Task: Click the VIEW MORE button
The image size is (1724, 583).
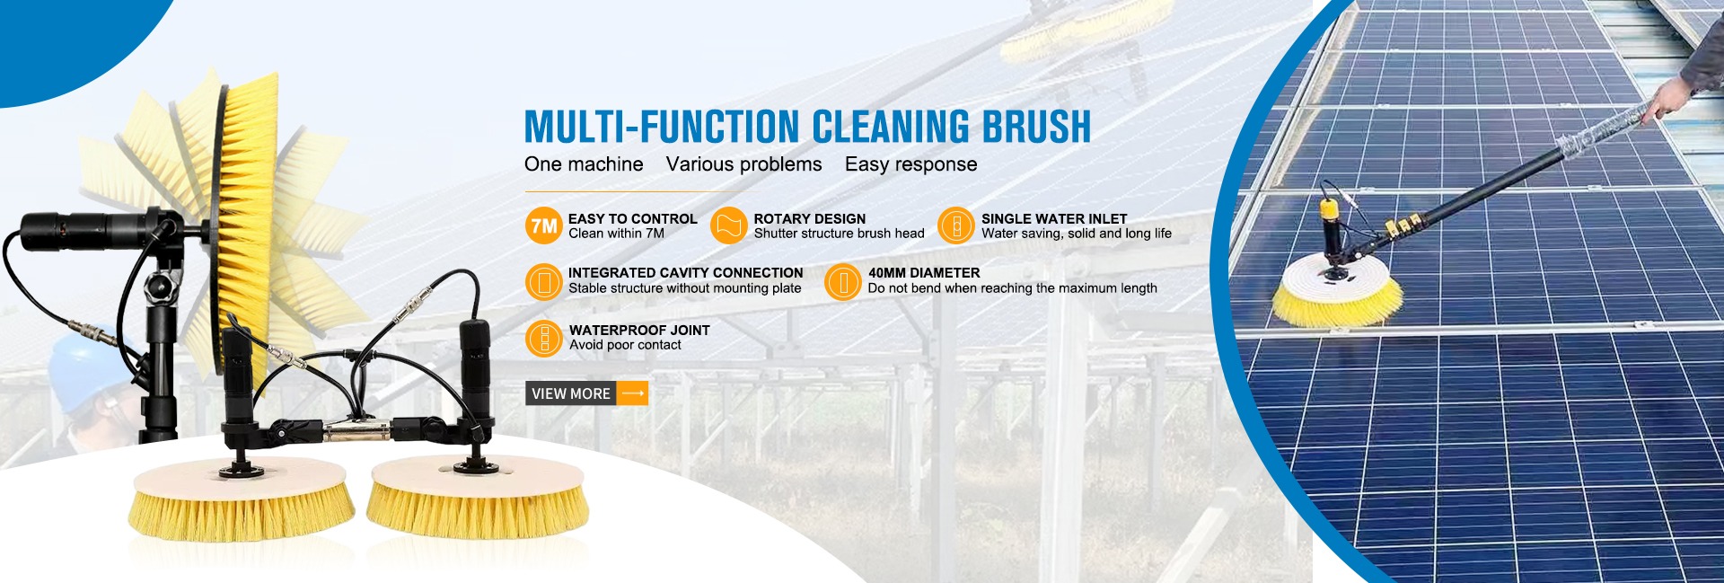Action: pos(586,393)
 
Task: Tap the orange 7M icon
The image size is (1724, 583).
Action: pos(543,225)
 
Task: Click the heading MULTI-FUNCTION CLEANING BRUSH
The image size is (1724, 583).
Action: pos(807,127)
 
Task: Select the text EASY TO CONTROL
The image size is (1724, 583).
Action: pos(632,218)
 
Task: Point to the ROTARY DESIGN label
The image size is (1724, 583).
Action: pos(810,218)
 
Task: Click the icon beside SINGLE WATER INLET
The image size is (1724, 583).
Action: pos(956,225)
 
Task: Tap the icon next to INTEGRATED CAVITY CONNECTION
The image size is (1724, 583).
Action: pos(543,282)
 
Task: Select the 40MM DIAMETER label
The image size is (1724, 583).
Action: pos(924,273)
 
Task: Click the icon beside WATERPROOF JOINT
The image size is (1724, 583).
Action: pos(543,338)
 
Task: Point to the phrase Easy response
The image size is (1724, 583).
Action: pos(910,164)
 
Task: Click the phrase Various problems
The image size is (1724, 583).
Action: pos(743,164)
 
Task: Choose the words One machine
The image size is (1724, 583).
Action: pos(584,164)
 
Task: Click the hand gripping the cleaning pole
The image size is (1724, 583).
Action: pos(1667,99)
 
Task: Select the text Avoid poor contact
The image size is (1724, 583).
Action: pos(625,345)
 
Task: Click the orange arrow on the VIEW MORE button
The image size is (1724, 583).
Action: pos(633,393)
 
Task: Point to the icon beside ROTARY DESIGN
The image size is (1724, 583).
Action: pos(728,225)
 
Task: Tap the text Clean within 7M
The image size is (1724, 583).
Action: pos(616,234)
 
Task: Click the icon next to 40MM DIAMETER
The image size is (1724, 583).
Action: pos(842,282)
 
